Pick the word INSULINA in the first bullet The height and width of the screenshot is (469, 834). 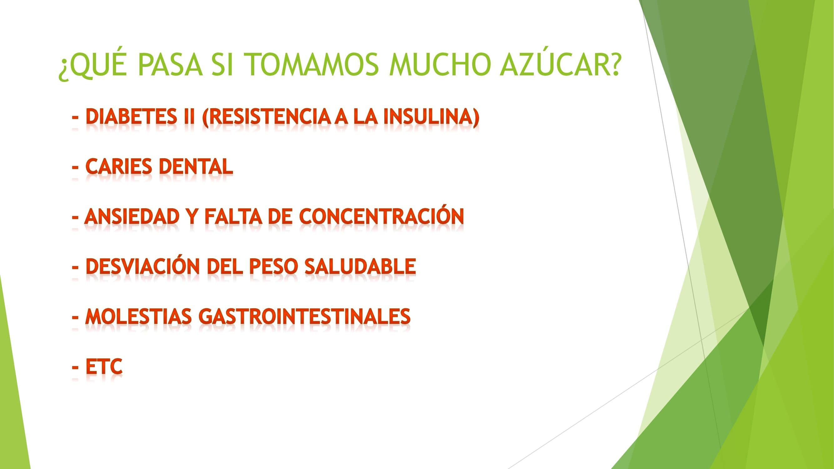[431, 117]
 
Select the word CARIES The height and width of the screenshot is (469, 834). [119, 167]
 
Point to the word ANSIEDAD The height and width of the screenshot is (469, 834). [132, 216]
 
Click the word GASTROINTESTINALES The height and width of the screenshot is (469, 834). [305, 316]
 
